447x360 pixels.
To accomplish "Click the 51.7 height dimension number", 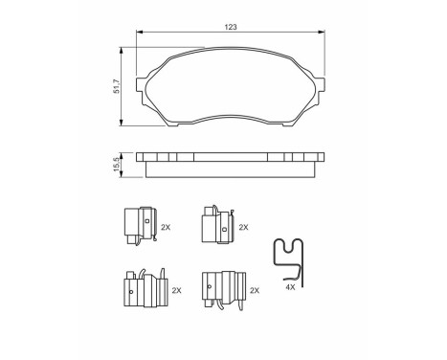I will point(116,86).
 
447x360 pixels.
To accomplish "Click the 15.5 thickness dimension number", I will point(116,165).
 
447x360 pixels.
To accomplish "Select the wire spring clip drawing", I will point(290,257).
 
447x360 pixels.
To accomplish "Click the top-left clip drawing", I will point(139,227).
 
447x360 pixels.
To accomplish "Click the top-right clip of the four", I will point(213,227).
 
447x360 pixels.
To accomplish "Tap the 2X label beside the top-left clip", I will point(166,228).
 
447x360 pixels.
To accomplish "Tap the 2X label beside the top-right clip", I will point(243,228).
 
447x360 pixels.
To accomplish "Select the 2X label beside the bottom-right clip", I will point(253,289).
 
